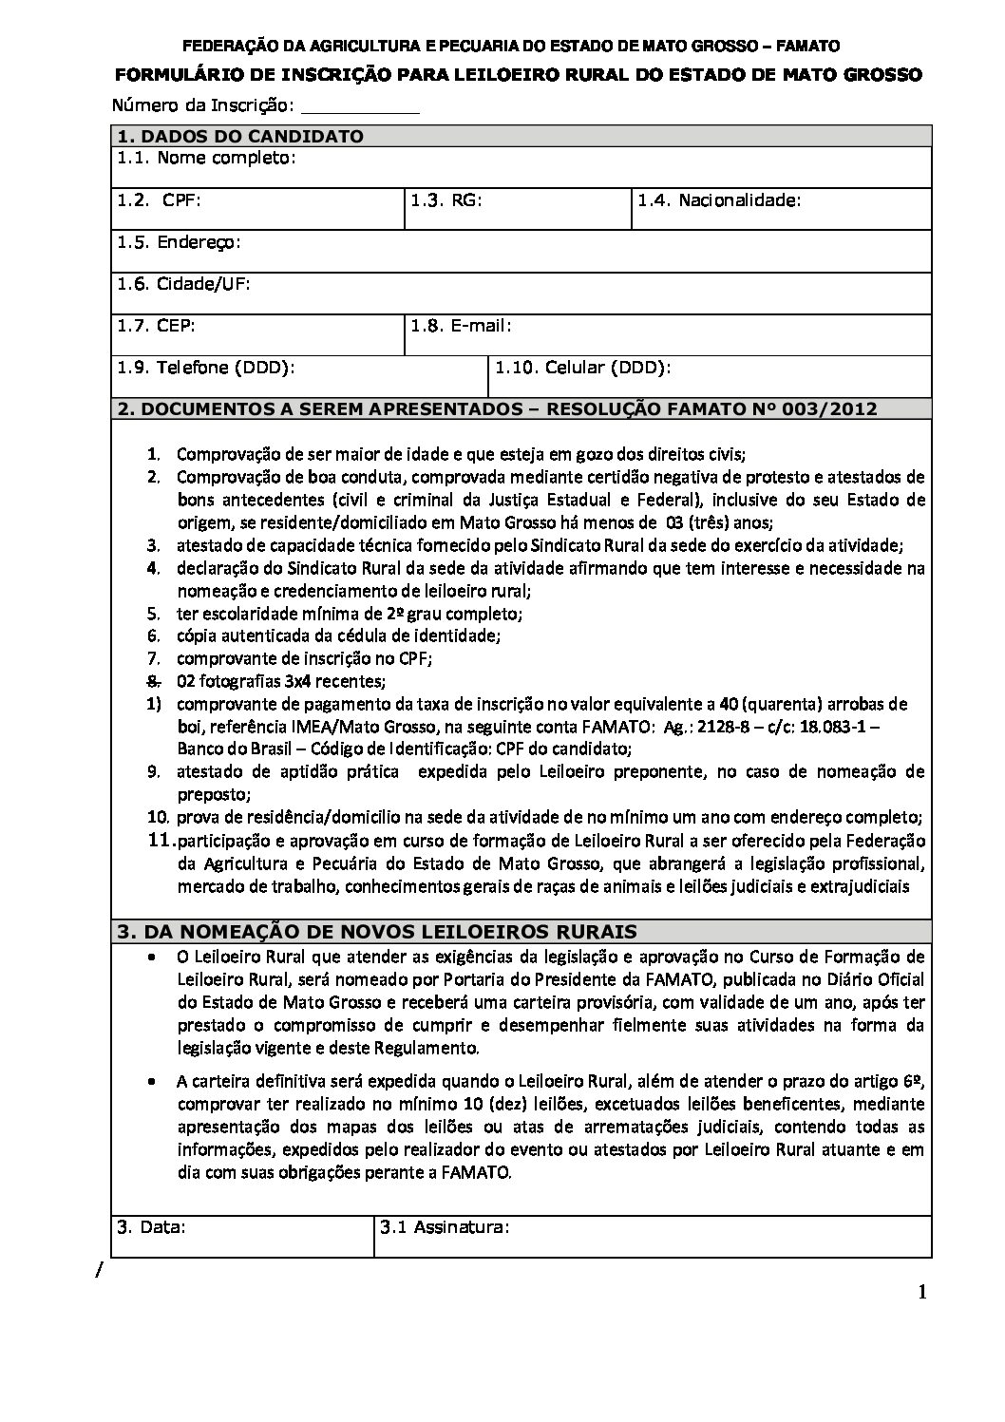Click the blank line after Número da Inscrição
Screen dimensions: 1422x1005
[366, 106]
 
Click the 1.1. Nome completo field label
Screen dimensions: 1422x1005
[207, 158]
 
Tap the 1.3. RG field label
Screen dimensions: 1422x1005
[446, 200]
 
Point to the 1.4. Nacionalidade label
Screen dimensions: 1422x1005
[719, 200]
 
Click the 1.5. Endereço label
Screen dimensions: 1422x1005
[179, 242]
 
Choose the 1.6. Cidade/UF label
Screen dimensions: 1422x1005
[183, 284]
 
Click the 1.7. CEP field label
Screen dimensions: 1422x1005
[156, 326]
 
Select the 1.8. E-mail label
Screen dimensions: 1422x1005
[462, 326]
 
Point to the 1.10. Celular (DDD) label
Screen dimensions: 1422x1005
[583, 368]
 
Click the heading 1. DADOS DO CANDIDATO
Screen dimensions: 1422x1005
[239, 137]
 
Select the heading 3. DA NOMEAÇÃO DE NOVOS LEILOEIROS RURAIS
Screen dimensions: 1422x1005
[376, 932]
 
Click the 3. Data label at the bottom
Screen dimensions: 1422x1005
[151, 1226]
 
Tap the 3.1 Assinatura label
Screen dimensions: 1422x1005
[446, 1226]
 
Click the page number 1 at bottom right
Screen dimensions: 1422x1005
[922, 1292]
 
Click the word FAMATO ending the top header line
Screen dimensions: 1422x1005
[808, 45]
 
